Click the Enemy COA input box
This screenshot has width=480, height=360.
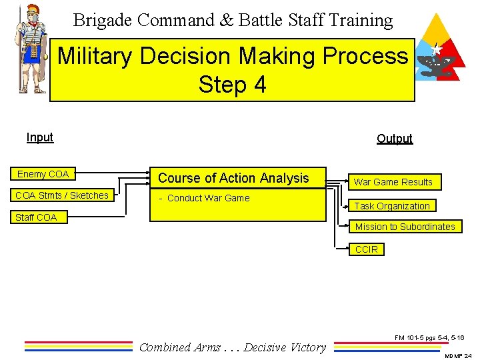coord(43,174)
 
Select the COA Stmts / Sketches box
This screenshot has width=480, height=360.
coord(62,195)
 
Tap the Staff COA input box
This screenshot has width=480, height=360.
coord(36,217)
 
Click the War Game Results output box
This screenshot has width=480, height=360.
coord(393,182)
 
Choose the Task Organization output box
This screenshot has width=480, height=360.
coord(391,206)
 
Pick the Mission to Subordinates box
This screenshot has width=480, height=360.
coord(405,227)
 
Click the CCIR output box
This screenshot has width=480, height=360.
coord(367,249)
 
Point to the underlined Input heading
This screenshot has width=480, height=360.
coord(40,137)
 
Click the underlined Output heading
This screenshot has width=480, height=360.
coord(395,139)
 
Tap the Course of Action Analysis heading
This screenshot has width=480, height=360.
coord(233,178)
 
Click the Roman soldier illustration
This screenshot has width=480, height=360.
coord(30,50)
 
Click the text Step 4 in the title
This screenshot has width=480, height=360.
coord(232,85)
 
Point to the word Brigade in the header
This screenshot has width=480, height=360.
coord(103,20)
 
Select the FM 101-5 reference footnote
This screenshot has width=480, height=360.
coord(429,338)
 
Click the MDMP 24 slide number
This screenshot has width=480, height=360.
coord(457,355)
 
